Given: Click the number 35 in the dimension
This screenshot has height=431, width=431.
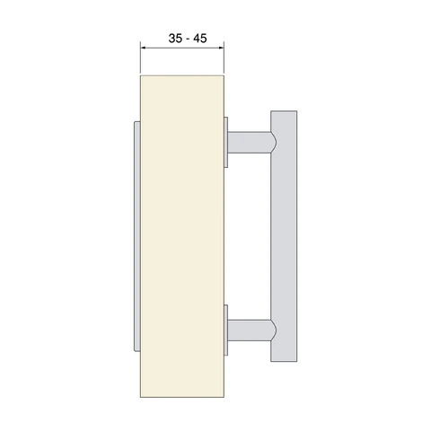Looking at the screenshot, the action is [175, 39].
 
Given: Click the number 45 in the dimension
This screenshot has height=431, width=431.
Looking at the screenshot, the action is [200, 39].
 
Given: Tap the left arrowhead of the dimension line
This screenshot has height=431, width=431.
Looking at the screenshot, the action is [143, 48].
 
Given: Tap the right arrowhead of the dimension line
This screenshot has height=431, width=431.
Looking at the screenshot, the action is [222, 48].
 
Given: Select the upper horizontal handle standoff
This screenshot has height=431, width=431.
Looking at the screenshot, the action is [250, 142].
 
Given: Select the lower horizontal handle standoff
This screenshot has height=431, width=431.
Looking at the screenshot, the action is [250, 330].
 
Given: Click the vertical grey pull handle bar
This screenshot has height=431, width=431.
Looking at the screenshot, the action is [284, 236].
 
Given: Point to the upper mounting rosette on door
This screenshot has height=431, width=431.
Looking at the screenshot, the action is [226, 142].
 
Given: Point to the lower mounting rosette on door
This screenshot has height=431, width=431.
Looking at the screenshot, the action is [226, 330].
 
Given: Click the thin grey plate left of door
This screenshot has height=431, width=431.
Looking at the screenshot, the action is [137, 236].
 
